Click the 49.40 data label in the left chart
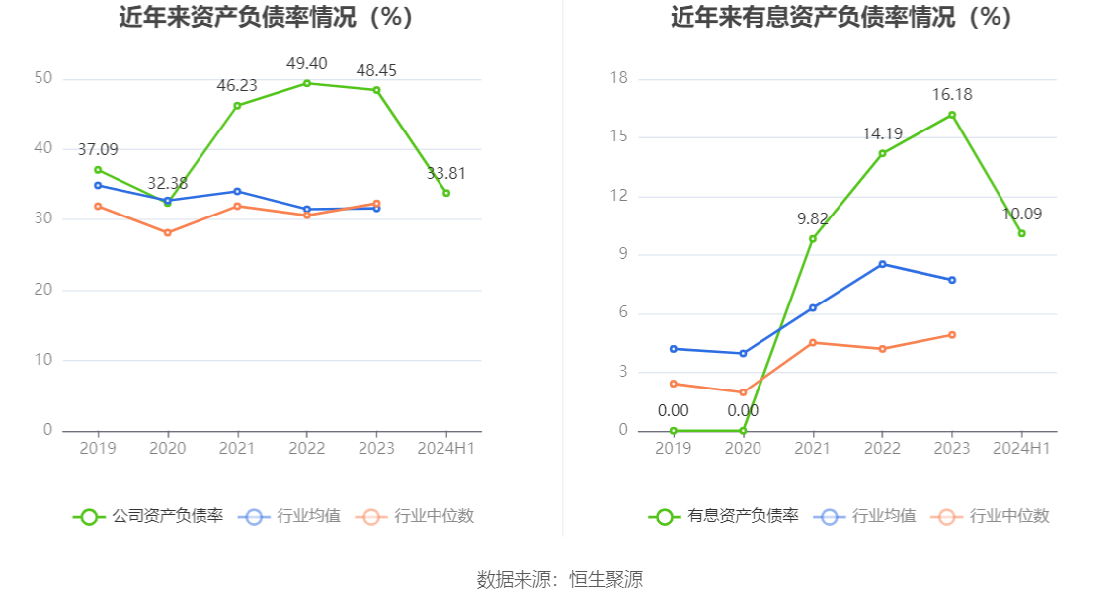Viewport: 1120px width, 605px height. click(x=306, y=64)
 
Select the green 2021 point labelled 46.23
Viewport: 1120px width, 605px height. click(x=237, y=106)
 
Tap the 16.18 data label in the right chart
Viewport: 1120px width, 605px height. click(x=952, y=95)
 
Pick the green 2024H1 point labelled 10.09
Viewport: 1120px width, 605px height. click(x=1021, y=233)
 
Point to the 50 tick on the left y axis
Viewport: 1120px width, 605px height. click(x=42, y=78)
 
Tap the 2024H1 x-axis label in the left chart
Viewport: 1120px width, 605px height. click(x=445, y=449)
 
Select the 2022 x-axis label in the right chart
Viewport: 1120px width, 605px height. click(x=882, y=449)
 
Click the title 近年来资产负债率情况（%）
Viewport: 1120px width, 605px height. click(x=266, y=18)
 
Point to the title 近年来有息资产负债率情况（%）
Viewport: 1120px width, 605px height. click(x=841, y=18)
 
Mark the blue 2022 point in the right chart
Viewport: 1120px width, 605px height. click(x=882, y=264)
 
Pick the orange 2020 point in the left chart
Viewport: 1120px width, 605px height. click(x=167, y=233)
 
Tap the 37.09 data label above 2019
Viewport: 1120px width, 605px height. click(x=98, y=150)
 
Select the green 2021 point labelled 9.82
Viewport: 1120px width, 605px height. click(x=813, y=239)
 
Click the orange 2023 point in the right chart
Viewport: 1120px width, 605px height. click(x=952, y=335)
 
